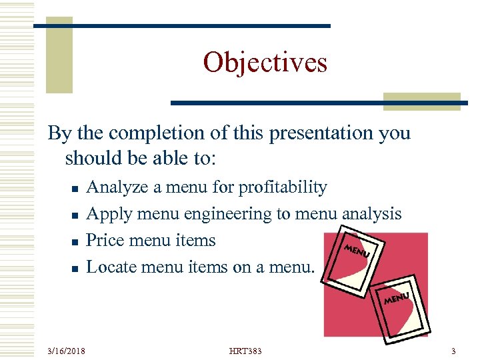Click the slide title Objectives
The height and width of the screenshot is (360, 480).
(265, 63)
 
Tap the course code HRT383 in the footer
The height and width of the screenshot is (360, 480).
(245, 351)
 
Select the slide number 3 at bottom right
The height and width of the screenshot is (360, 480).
(453, 351)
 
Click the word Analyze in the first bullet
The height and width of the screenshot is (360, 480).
(118, 187)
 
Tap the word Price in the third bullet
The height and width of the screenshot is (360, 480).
(105, 240)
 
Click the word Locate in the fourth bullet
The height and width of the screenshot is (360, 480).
(111, 267)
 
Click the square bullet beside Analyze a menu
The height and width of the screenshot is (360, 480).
(75, 189)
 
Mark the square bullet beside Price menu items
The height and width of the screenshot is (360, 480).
(75, 242)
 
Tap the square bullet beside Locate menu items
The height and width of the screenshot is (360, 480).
(75, 269)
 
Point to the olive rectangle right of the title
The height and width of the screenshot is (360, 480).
(422, 101)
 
